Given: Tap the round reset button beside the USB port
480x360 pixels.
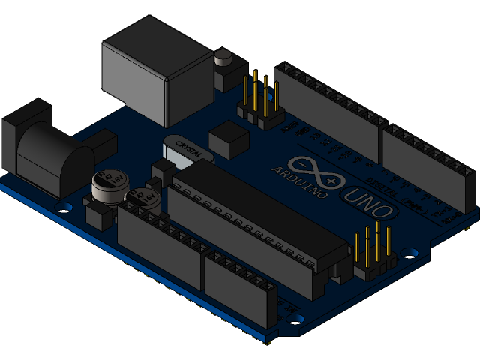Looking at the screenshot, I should [223, 56].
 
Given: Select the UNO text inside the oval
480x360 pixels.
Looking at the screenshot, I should [367, 205].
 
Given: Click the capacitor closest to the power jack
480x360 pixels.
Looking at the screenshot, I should [104, 187].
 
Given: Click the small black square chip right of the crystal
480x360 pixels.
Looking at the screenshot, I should [228, 140].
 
